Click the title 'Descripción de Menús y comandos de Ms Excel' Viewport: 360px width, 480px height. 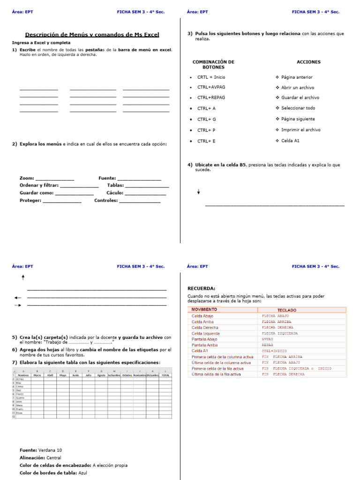pyautogui.click(x=92, y=35)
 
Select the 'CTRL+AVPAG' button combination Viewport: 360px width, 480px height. pyautogui.click(x=211, y=87)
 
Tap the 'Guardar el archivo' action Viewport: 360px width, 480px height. pyautogui.click(x=300, y=97)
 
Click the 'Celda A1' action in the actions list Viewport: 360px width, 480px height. pyautogui.click(x=290, y=141)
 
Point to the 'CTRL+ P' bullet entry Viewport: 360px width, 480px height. pyautogui.click(x=206, y=130)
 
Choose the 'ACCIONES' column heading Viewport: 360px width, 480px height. pyautogui.click(x=308, y=62)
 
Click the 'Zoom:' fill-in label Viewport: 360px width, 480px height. pyautogui.click(x=27, y=178)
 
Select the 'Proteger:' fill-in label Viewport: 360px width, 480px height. pyautogui.click(x=30, y=201)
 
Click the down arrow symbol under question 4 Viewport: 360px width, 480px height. pyautogui.click(x=198, y=192)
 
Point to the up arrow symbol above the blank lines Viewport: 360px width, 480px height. pyautogui.click(x=23, y=277)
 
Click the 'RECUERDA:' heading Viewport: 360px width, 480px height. pyautogui.click(x=201, y=288)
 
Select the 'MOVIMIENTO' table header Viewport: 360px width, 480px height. pyautogui.click(x=204, y=310)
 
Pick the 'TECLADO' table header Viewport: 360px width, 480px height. pyautogui.click(x=286, y=310)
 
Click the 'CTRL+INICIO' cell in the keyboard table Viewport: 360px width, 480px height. pyautogui.click(x=274, y=351)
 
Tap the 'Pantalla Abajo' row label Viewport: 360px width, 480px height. pyautogui.click(x=204, y=339)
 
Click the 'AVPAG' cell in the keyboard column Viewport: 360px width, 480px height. pyautogui.click(x=267, y=339)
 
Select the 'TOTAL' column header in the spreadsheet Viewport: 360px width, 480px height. pyautogui.click(x=165, y=375)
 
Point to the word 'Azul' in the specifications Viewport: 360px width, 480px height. pyautogui.click(x=82, y=472)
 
